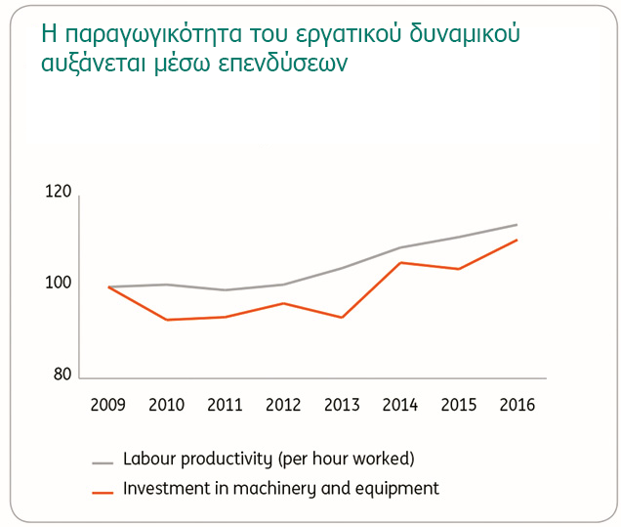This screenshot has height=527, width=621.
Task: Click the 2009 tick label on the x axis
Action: [x=108, y=405]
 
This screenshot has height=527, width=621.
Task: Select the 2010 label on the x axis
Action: [x=166, y=405]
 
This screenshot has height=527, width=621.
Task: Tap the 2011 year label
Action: [x=225, y=405]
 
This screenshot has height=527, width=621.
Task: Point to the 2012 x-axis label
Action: [x=283, y=405]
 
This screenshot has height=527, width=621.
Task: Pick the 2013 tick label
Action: [x=342, y=405]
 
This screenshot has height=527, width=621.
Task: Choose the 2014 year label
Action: [x=400, y=405]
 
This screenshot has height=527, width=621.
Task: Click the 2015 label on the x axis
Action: [x=458, y=405]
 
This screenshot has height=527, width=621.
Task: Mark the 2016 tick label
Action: [x=517, y=405]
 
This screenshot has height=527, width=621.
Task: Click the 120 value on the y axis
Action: [x=59, y=193]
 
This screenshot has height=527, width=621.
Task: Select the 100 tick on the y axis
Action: [x=59, y=284]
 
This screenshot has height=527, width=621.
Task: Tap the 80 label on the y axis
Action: [x=62, y=374]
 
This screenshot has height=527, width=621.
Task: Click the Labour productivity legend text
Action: [x=269, y=459]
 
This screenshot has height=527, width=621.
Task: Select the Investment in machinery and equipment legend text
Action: [x=281, y=488]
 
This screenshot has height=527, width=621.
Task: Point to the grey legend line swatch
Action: [x=103, y=461]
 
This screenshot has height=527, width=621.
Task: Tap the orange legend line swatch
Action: [x=103, y=490]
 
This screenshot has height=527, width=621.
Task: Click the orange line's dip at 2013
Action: [x=342, y=318]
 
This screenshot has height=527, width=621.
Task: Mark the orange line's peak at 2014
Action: [x=400, y=262]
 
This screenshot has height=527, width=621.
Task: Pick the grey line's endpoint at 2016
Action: [x=517, y=225]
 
